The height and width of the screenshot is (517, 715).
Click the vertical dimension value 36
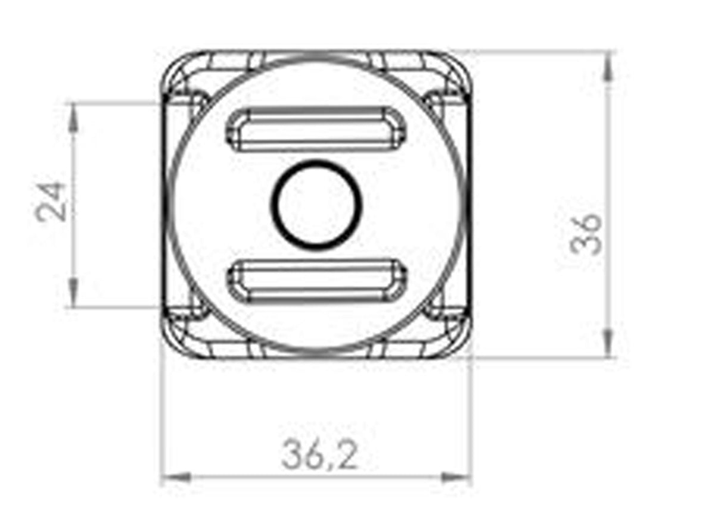586,233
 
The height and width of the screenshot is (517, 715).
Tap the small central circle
317,204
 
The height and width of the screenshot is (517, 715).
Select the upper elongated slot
316,129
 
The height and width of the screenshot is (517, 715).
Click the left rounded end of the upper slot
234,129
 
